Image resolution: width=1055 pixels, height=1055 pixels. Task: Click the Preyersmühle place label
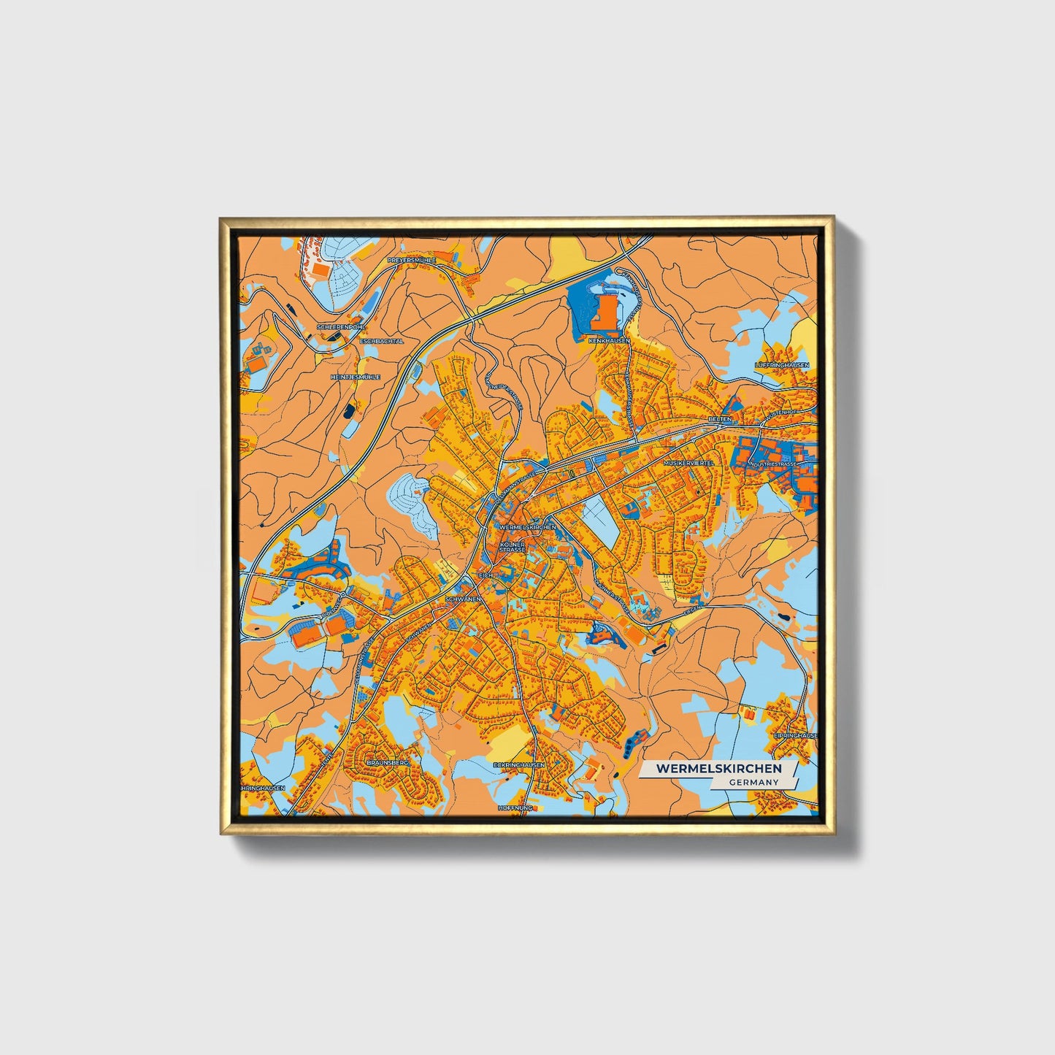pos(412,260)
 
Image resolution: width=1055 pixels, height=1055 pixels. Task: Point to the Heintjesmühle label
pos(356,377)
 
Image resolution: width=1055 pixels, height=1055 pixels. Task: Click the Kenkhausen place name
pos(609,341)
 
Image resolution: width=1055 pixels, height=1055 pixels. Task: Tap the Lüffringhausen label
pos(782,364)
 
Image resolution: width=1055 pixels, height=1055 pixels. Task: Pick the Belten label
pos(719,420)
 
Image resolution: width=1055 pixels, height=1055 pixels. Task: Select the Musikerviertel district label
pos(687,463)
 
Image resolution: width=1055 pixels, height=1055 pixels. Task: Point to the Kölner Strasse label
pos(513,547)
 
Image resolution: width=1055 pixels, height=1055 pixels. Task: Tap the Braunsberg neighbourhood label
pos(388,761)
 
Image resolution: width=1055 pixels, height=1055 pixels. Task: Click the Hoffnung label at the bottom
pos(517,808)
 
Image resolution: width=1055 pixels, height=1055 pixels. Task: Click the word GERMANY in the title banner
pos(754,782)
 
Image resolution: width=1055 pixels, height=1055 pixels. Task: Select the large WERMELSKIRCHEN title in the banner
pos(718,768)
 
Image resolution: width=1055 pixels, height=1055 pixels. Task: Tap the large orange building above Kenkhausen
pos(606,313)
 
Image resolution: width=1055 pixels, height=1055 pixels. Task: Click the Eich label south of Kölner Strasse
pos(487,576)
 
